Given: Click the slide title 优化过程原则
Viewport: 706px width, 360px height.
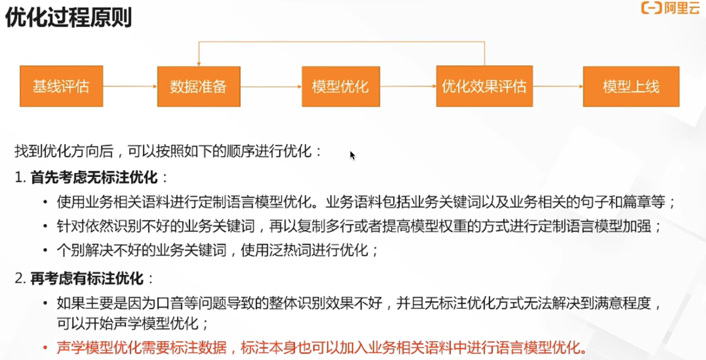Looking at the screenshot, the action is tap(68, 18).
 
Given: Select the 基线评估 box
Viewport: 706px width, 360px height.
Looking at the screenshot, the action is tap(61, 86).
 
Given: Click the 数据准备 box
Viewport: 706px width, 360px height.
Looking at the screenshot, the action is tap(198, 86).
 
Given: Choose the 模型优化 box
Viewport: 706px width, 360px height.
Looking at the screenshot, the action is tap(341, 86).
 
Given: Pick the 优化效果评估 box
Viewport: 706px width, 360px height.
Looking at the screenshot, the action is tap(484, 86).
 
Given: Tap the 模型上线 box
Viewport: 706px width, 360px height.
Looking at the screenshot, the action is tap(631, 86).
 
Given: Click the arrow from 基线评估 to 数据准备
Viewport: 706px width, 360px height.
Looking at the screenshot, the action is tap(130, 86).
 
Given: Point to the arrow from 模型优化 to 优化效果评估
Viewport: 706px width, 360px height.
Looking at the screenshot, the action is tap(408, 86).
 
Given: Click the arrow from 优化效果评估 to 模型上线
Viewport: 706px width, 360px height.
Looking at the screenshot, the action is tap(558, 86).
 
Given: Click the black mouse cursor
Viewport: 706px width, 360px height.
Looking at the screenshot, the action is tap(352, 155).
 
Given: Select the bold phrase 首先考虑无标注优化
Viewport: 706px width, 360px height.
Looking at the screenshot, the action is tap(94, 178).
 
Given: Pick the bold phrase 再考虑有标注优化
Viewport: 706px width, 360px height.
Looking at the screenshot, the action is tap(87, 278).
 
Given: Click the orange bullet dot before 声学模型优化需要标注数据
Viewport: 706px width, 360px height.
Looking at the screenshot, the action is tap(45, 348).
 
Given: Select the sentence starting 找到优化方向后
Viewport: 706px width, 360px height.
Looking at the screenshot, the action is tap(168, 151).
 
